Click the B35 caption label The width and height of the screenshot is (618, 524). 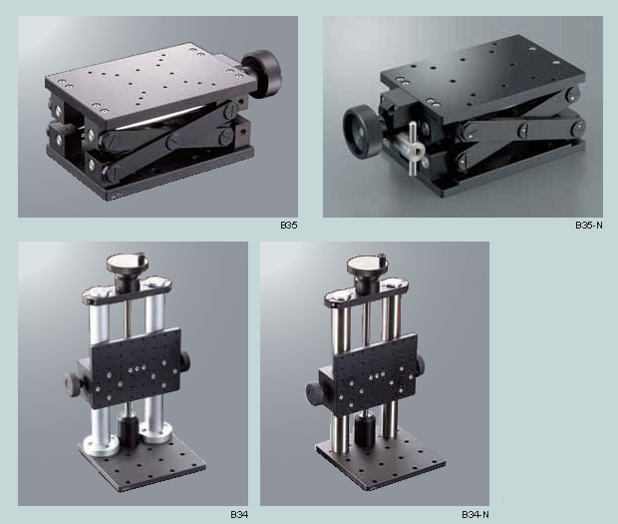point(288,226)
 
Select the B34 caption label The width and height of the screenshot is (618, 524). point(238,514)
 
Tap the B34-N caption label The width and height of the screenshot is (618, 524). point(475,514)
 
